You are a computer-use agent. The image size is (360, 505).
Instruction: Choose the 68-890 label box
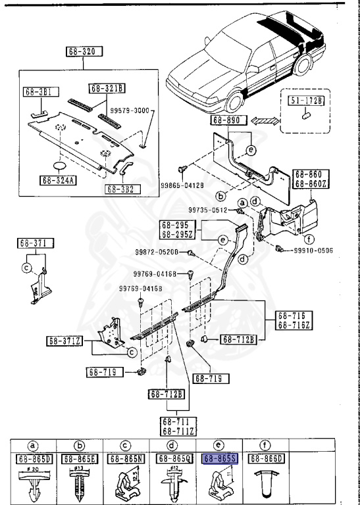[x=228, y=121]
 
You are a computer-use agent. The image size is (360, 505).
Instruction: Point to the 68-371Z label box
[x=64, y=341]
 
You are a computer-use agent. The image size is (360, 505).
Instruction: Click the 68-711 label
[x=176, y=421]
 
